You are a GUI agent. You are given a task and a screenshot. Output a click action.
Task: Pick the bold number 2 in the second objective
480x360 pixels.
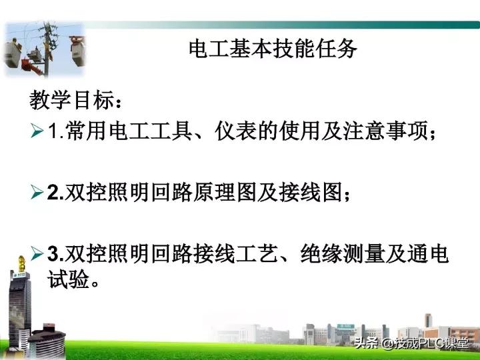tap(54, 193)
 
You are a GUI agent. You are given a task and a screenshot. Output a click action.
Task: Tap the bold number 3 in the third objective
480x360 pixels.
tap(54, 255)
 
